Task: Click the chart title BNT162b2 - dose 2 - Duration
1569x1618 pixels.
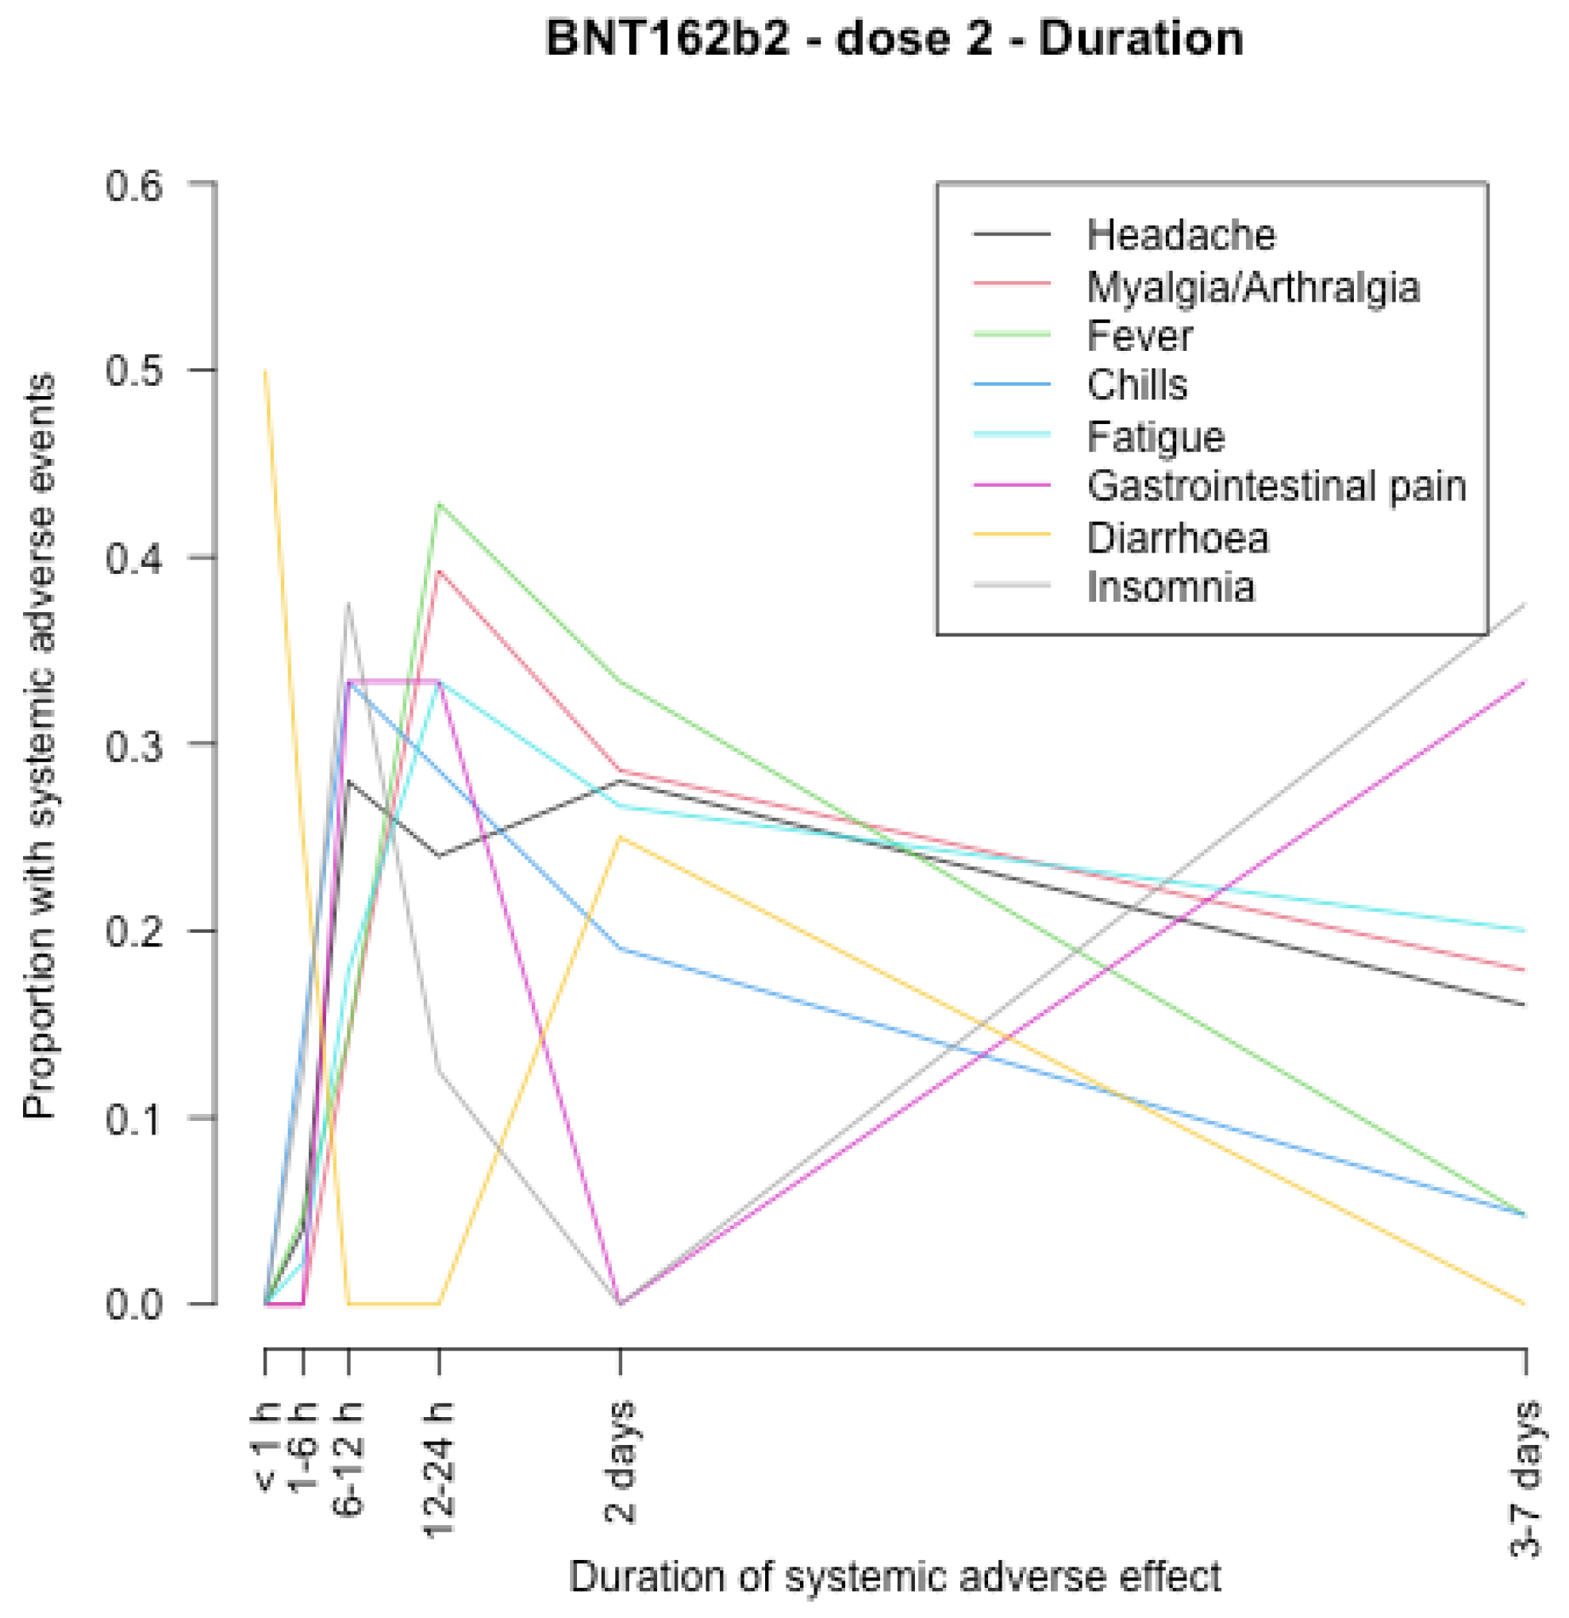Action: click(x=894, y=40)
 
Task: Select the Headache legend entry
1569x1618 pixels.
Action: click(x=1180, y=235)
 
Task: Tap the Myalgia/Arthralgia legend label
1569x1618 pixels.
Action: click(x=1253, y=287)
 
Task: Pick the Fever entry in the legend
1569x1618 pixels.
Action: click(x=1139, y=336)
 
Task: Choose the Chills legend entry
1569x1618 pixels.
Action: click(x=1136, y=386)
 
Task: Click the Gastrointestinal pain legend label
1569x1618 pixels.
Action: click(x=1276, y=486)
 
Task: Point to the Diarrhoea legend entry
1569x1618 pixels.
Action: click(x=1177, y=538)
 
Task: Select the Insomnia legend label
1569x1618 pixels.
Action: click(x=1171, y=587)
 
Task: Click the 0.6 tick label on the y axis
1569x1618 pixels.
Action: click(x=135, y=185)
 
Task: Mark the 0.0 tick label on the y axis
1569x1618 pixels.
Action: click(x=135, y=1306)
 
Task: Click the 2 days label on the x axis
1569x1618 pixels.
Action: click(x=621, y=1461)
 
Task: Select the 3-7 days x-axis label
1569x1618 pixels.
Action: click(x=1525, y=1477)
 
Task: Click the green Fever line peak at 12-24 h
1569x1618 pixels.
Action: click(x=439, y=503)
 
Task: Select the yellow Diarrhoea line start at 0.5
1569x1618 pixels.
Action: click(x=265, y=372)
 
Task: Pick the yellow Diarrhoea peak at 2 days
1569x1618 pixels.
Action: click(x=621, y=838)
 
